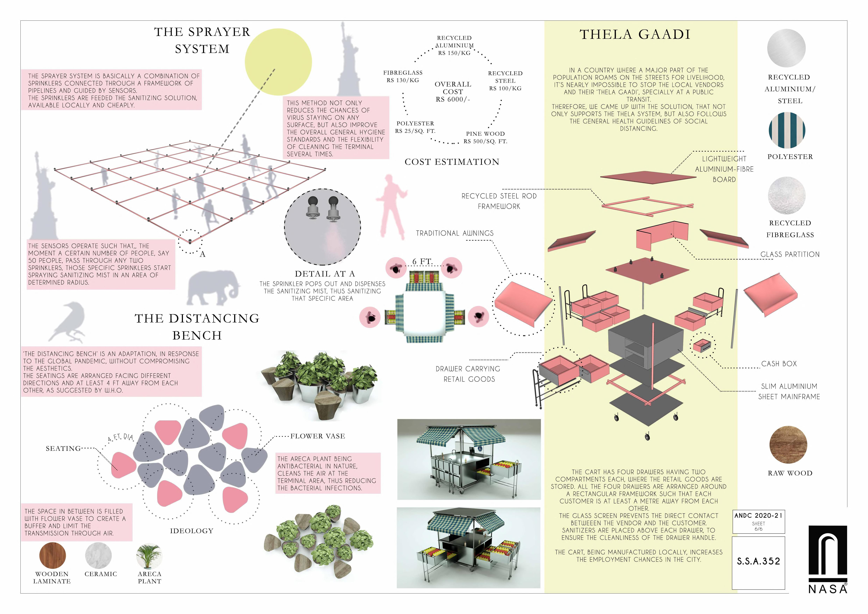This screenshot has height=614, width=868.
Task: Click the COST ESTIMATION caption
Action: click(452, 162)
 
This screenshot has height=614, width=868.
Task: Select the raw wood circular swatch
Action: click(788, 445)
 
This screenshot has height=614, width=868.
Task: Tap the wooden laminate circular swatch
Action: click(52, 555)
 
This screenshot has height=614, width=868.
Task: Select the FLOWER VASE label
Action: click(318, 436)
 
